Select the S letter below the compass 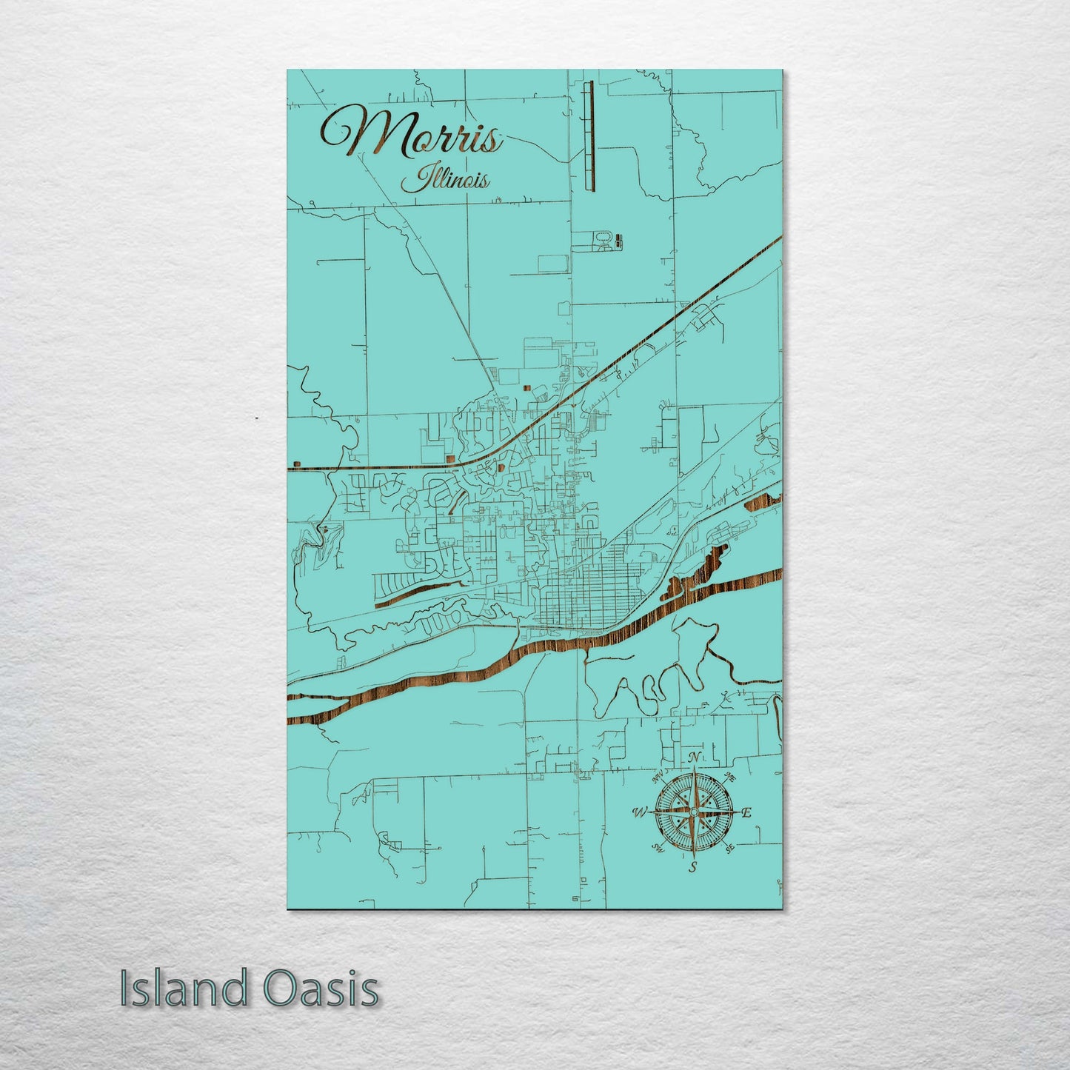click(x=693, y=866)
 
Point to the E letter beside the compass click(x=746, y=813)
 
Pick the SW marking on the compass click(x=657, y=847)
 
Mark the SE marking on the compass click(x=729, y=847)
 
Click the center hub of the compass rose click(x=693, y=812)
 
